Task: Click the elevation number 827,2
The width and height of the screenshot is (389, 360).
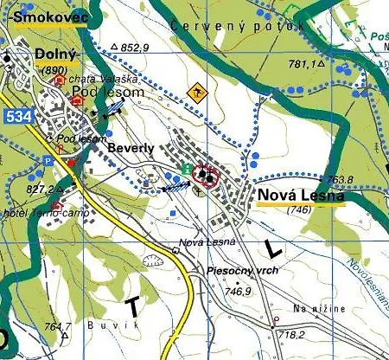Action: click(x=39, y=189)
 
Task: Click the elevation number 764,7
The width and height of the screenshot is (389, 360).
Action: click(x=57, y=326)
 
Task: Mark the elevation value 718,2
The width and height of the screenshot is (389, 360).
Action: click(x=291, y=333)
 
